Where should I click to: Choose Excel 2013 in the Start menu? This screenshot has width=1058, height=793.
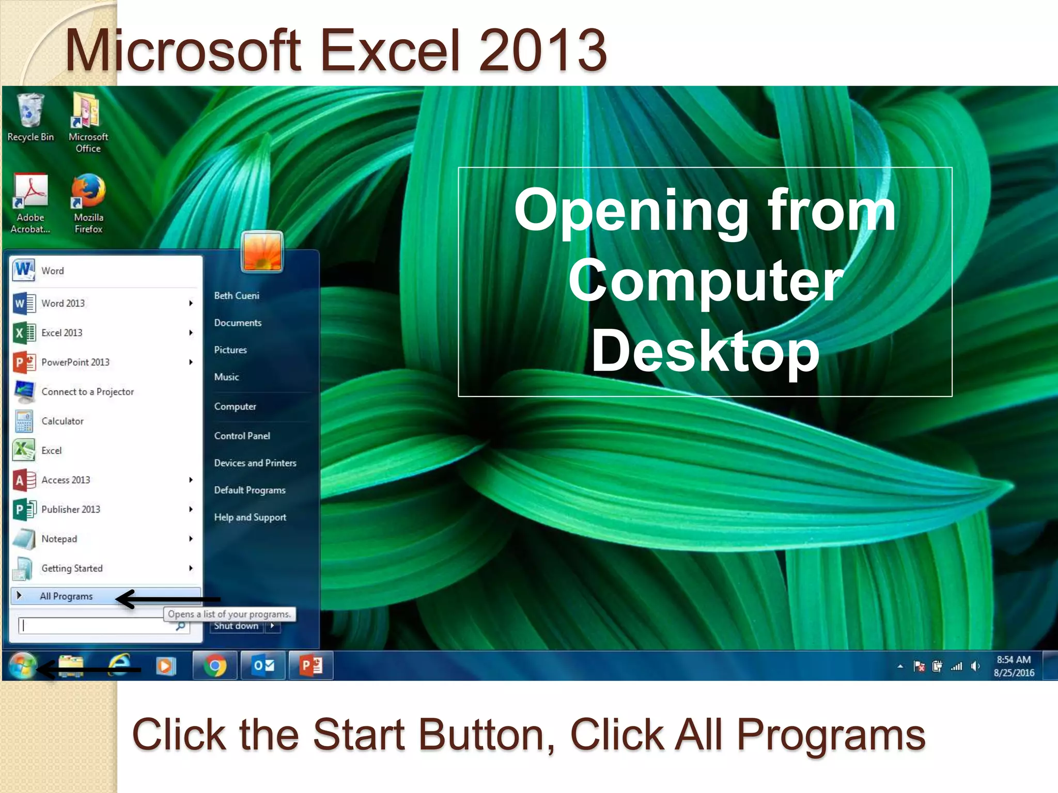pos(62,333)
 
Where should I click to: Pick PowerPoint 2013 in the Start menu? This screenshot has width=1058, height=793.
pos(75,362)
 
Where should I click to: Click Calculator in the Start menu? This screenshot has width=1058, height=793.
pos(62,421)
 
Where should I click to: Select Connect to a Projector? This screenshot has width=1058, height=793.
pos(87,392)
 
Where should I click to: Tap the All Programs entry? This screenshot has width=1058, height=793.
pos(66,596)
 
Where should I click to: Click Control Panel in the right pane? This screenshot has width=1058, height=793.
pos(242,436)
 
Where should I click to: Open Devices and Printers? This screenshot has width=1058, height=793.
pos(255,463)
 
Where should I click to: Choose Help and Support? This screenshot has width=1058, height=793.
pos(250,517)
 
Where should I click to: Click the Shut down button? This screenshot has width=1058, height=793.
pos(237,626)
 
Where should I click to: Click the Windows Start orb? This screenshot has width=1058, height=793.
pos(22,665)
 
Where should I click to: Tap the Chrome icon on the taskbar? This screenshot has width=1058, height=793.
pos(215,665)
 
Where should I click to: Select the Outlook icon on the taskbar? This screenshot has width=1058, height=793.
pos(263,665)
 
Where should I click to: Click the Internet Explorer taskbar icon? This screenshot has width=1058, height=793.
pos(119,665)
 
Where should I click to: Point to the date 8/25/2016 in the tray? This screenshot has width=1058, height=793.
pos(1014,673)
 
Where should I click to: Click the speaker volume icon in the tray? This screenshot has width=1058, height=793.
pos(975,667)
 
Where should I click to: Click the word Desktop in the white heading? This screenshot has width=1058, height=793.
pos(705,351)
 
